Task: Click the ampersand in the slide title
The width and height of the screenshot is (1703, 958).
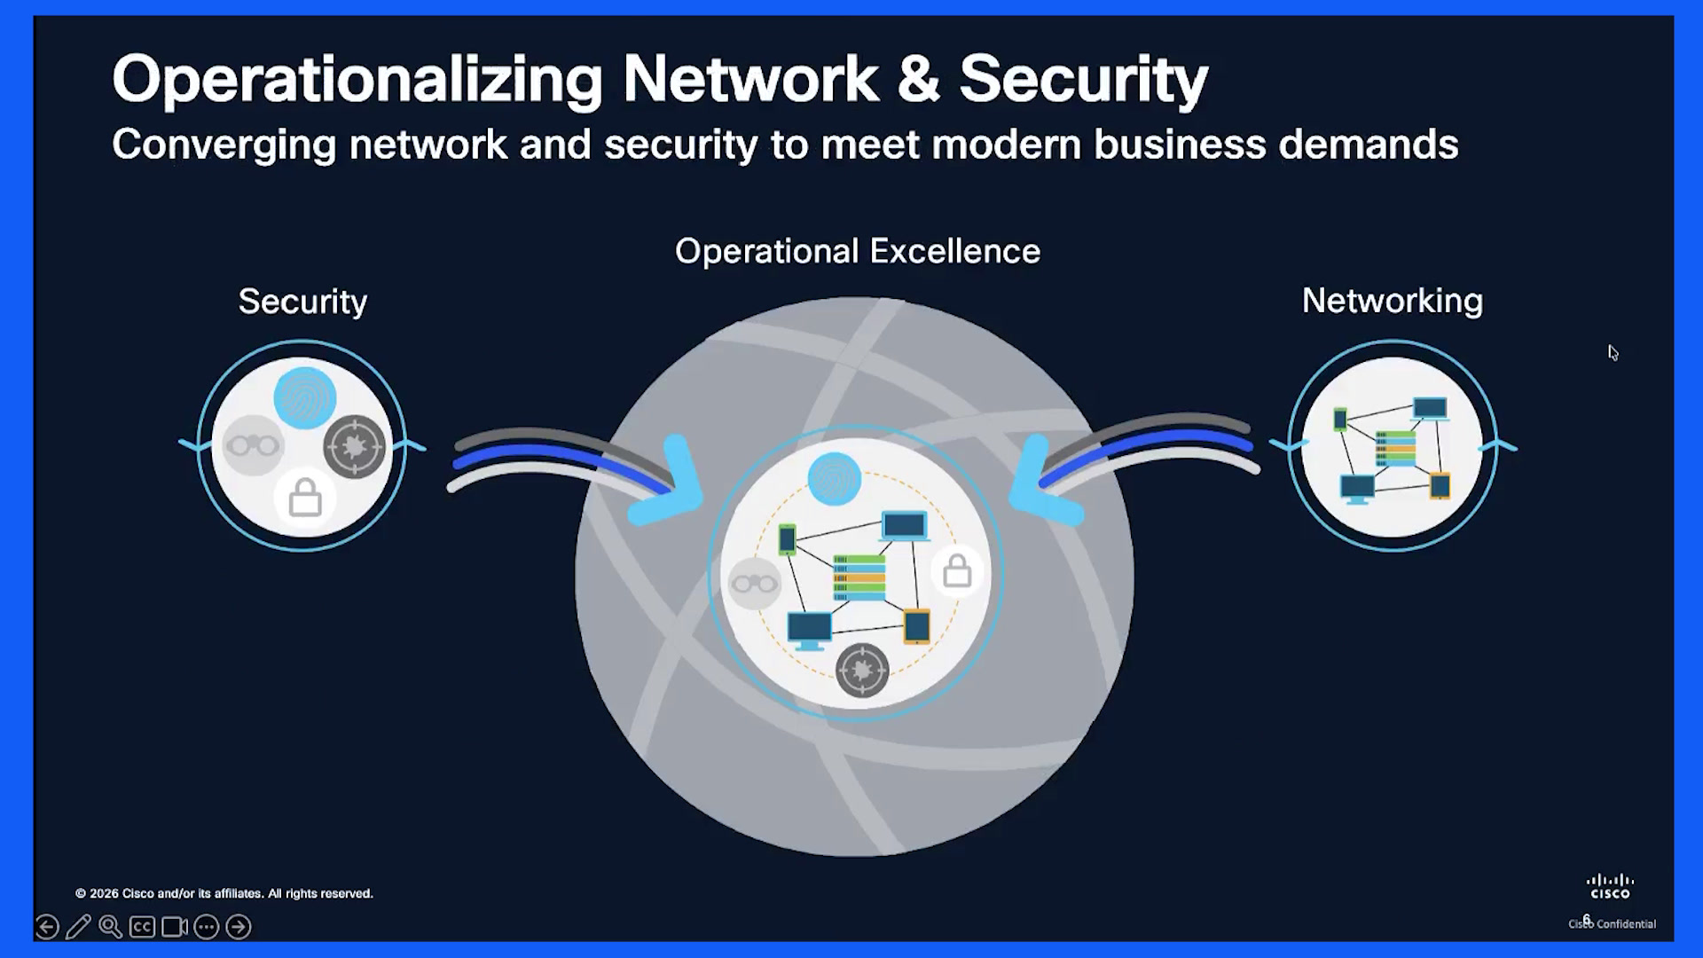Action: point(918,78)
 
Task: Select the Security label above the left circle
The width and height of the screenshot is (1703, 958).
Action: point(302,302)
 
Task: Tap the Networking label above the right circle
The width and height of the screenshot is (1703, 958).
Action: point(1392,302)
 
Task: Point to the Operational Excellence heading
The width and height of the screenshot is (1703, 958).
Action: point(858,251)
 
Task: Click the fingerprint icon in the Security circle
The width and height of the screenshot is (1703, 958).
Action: point(304,397)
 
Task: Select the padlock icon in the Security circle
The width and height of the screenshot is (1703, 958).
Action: point(304,497)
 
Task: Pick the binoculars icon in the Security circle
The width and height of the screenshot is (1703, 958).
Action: point(253,445)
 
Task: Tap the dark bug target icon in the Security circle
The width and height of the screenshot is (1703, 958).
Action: point(355,446)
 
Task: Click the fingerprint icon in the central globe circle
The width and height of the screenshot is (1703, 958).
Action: point(834,479)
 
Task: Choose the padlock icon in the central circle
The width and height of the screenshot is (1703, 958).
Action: point(956,571)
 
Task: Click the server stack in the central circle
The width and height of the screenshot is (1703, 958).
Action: point(859,577)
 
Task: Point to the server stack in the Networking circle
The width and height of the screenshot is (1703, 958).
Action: point(1395,448)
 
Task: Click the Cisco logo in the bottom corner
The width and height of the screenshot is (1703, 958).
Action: point(1610,886)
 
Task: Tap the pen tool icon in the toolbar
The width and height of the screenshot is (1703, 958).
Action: point(78,927)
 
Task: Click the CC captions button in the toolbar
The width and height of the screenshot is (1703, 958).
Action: point(142,927)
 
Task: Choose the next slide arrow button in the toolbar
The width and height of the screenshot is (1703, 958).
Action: point(238,927)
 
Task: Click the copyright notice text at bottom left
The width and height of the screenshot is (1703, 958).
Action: point(224,893)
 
